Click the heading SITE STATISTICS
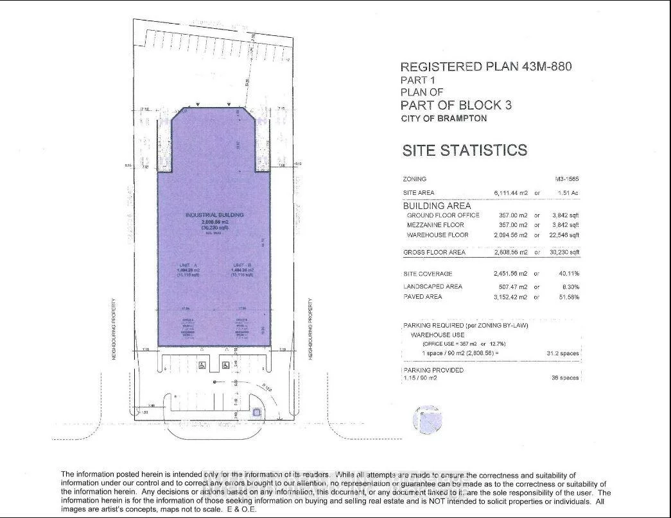tap(464, 151)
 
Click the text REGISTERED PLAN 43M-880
tap(485, 67)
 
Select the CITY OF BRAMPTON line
tap(443, 119)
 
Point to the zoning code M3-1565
tap(567, 180)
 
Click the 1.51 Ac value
tap(568, 193)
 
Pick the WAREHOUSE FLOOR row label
tap(437, 235)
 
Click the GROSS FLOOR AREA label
tap(434, 253)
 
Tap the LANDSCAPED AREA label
tap(433, 287)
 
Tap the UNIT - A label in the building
tap(187, 265)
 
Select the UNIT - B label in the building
tap(241, 265)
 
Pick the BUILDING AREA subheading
tap(437, 206)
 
